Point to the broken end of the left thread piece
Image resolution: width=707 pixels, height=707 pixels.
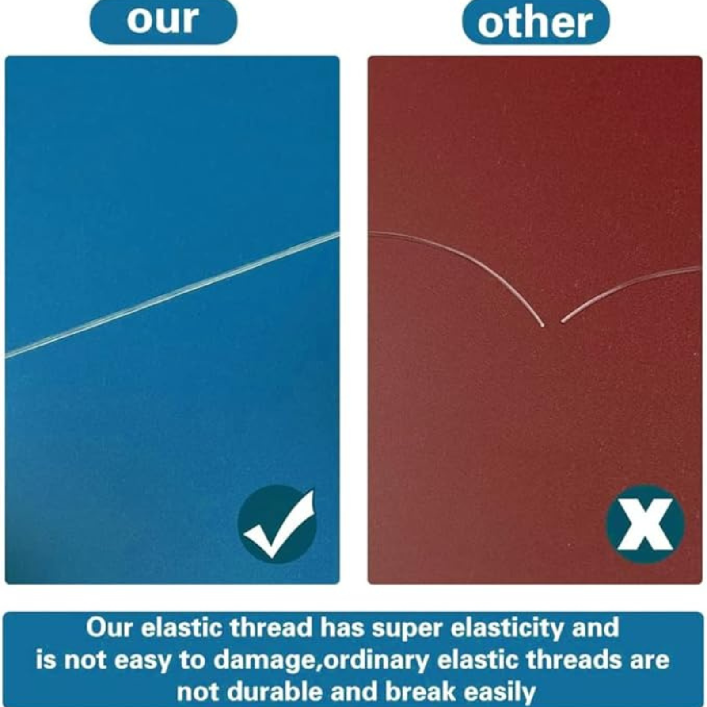coord(543,326)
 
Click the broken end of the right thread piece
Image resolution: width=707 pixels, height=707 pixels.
coord(562,321)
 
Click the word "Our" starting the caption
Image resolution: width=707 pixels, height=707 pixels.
coord(109,627)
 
